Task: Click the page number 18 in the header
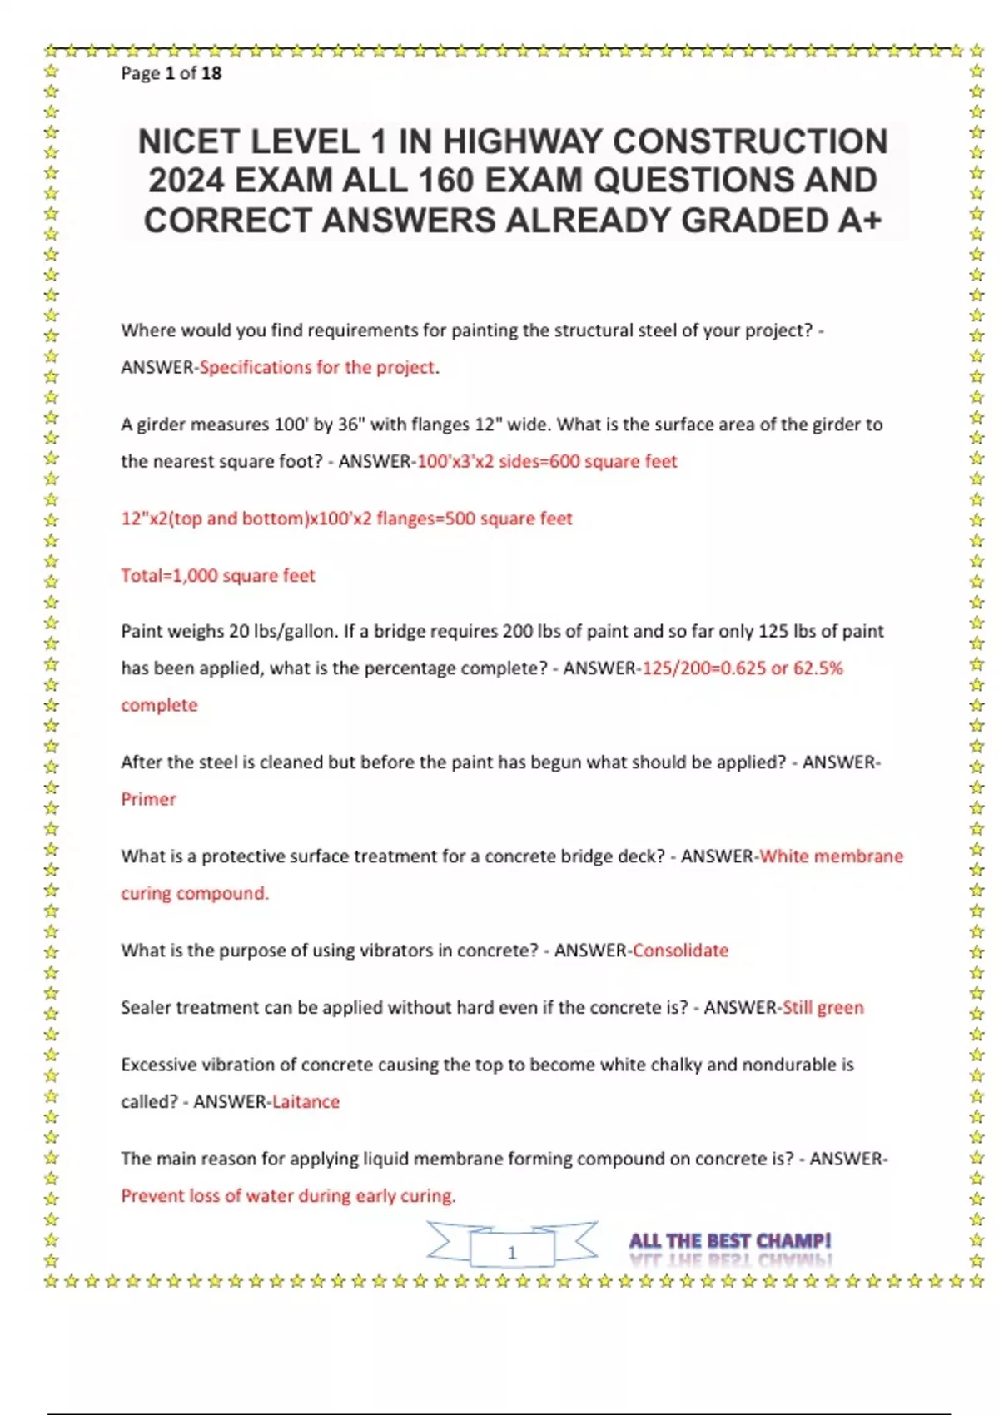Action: click(x=211, y=73)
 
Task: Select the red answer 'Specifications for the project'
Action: click(x=317, y=367)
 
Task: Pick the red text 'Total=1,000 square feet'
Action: click(x=218, y=575)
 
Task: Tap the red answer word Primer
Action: click(x=148, y=799)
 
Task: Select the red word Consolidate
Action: click(x=680, y=951)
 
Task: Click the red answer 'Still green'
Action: click(x=823, y=1007)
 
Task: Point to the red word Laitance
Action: click(x=306, y=1101)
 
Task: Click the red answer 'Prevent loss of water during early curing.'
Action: click(x=288, y=1196)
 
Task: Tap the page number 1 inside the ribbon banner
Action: click(x=512, y=1252)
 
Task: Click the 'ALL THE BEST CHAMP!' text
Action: click(x=730, y=1241)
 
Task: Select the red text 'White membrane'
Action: click(x=831, y=856)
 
